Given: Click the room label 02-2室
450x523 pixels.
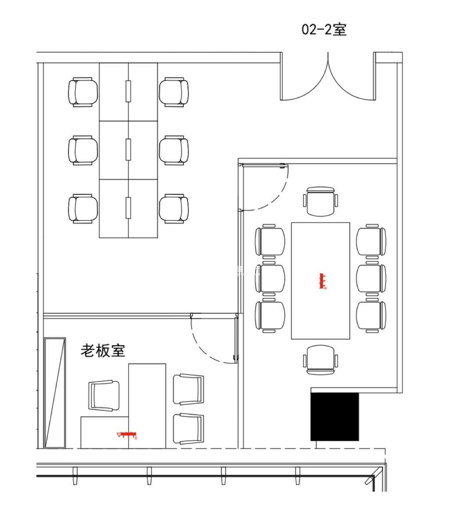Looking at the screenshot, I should [324, 30].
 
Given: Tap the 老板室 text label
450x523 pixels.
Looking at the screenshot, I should [103, 351].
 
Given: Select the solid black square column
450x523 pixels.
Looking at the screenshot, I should [334, 417].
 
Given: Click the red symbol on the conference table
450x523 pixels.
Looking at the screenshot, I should [323, 281].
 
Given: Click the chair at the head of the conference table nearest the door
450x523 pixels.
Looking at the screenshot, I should [321, 201].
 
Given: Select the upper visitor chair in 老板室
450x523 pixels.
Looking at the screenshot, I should [189, 389].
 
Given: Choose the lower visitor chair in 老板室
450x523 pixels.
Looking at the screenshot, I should [189, 429].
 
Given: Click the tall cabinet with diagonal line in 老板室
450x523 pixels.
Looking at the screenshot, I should [55, 393].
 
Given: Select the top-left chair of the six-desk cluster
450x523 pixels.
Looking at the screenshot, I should [83, 92].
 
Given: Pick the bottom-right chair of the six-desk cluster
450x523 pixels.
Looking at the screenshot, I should [174, 209].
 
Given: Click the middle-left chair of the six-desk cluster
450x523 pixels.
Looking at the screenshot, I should [83, 150].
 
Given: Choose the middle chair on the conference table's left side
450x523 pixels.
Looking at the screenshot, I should [270, 278].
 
